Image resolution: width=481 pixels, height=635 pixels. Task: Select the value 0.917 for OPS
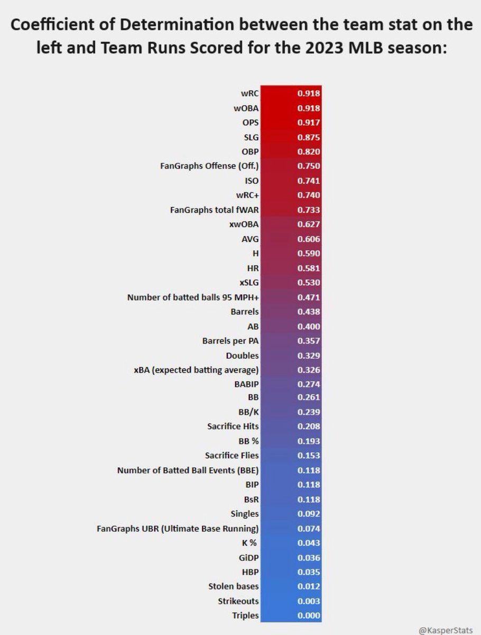tap(309, 123)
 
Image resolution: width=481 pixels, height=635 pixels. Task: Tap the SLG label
tap(251, 137)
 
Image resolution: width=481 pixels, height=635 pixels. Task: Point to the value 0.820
tap(309, 152)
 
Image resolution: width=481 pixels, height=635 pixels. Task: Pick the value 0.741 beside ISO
tap(309, 181)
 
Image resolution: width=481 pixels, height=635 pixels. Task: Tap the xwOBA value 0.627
tap(309, 224)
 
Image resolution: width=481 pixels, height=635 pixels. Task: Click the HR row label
tap(252, 268)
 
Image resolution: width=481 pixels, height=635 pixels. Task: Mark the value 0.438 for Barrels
tap(309, 312)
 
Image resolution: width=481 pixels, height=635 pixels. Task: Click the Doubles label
tap(243, 355)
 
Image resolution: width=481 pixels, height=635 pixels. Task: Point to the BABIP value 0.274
tap(309, 384)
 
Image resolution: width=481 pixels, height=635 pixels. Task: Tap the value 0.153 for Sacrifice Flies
tap(309, 456)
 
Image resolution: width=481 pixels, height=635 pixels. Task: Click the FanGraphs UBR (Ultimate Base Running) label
tap(178, 528)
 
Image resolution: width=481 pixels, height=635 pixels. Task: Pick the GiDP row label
tap(248, 557)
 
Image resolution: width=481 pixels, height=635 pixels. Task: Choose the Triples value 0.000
tap(309, 615)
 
